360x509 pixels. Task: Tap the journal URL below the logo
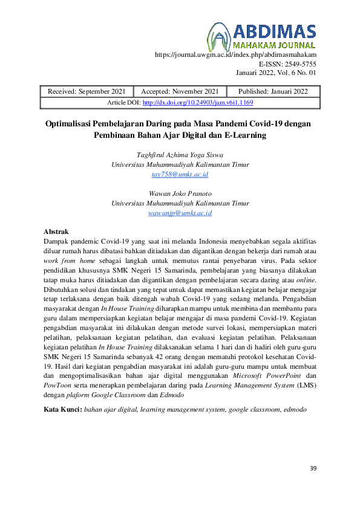pyautogui.click(x=236, y=54)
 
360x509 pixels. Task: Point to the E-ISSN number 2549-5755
pyautogui.click(x=288, y=63)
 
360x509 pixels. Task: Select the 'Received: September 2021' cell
pyautogui.click(x=87, y=91)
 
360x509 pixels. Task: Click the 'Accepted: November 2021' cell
pyautogui.click(x=178, y=91)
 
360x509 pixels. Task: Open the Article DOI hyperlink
pyautogui.click(x=197, y=103)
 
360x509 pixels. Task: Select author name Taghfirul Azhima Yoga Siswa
pyautogui.click(x=180, y=155)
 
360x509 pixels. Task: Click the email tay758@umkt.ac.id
pyautogui.click(x=180, y=174)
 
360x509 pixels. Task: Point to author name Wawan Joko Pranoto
pyautogui.click(x=180, y=193)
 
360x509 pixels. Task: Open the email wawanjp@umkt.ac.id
pyautogui.click(x=180, y=213)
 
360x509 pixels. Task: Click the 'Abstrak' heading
pyautogui.click(x=57, y=232)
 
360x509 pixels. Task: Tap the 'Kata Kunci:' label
pyautogui.click(x=63, y=410)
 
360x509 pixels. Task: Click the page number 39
pyautogui.click(x=313, y=468)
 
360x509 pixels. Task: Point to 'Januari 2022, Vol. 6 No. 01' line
pyautogui.click(x=276, y=73)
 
